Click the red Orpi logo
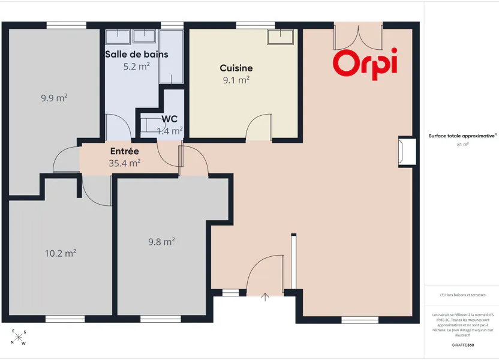pos(365,64)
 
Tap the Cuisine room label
pos(236,68)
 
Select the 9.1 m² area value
pos(236,80)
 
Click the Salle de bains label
pos(137,55)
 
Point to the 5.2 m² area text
pos(137,66)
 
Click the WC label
pos(169,119)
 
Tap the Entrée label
pos(124,151)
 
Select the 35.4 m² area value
pos(124,163)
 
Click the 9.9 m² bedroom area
pos(54,97)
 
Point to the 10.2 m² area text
pos(61,253)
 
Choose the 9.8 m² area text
pos(161,242)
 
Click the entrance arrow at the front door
pos(265,297)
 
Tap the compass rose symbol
pos(19,337)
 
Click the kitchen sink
pos(280,37)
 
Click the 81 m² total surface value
pos(463,145)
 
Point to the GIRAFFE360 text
pos(463,345)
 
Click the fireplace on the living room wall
pos(407,152)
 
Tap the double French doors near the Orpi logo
pos(358,37)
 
